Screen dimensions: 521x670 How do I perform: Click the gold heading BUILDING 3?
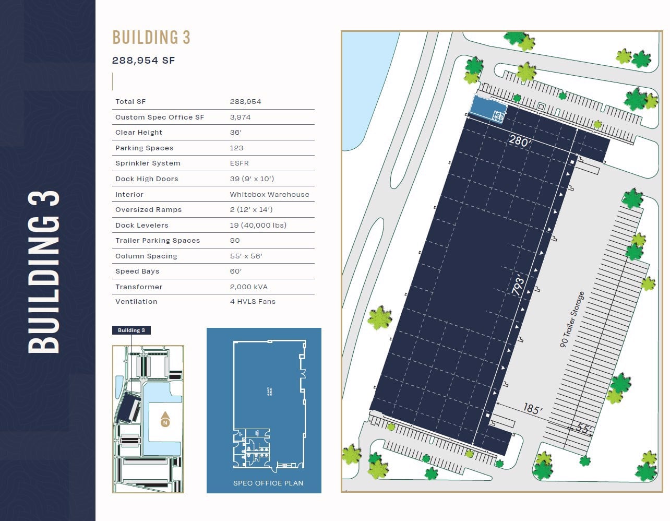pyautogui.click(x=151, y=38)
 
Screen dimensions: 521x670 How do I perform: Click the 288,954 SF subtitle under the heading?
pyautogui.click(x=143, y=61)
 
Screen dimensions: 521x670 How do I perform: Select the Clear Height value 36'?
pyautogui.click(x=235, y=133)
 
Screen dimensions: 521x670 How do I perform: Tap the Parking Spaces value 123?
pyautogui.click(x=236, y=148)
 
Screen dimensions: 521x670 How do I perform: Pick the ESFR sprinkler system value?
pyautogui.click(x=239, y=163)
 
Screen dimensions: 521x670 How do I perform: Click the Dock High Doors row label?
pyautogui.click(x=147, y=179)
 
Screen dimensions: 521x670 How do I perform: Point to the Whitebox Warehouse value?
pyautogui.click(x=269, y=195)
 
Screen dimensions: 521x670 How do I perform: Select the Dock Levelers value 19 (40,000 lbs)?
pyautogui.click(x=258, y=226)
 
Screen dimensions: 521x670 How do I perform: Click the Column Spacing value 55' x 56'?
pyautogui.click(x=246, y=256)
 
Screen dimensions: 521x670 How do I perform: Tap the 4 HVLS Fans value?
pyautogui.click(x=253, y=302)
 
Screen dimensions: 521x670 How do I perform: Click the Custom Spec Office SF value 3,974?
pyautogui.click(x=240, y=117)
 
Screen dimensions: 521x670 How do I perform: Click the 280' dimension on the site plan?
pyautogui.click(x=519, y=141)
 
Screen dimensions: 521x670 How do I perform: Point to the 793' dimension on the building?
pyautogui.click(x=518, y=287)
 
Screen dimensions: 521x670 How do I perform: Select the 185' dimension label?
pyautogui.click(x=531, y=409)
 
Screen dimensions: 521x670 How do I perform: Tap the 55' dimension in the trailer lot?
pyautogui.click(x=584, y=429)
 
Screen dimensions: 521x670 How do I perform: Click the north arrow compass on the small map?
pyautogui.click(x=165, y=420)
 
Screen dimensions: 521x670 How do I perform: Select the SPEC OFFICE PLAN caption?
pyautogui.click(x=268, y=483)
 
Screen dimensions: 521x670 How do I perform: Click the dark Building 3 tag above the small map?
pyautogui.click(x=131, y=330)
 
